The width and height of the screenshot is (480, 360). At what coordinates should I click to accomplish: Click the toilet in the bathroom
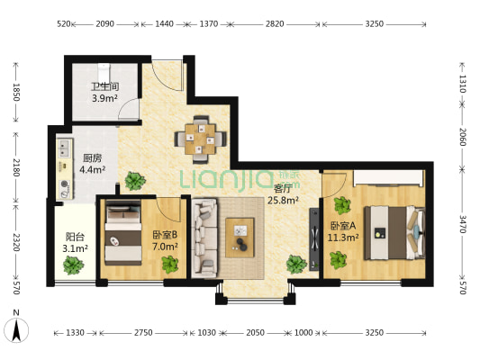pos(104,71)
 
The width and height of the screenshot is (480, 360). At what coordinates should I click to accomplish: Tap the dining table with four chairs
pos(201,139)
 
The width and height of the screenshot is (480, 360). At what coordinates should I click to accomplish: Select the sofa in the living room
pos(204,238)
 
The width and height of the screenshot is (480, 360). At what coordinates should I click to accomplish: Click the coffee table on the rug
pos(240,238)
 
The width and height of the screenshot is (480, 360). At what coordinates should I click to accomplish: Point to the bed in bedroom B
pos(123,233)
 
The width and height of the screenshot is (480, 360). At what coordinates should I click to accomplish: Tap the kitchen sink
pos(65,148)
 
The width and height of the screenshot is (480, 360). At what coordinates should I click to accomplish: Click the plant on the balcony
pos(74,265)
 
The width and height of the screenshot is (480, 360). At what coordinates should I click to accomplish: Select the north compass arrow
pos(16,330)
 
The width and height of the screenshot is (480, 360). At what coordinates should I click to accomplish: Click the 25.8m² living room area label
pos(283,201)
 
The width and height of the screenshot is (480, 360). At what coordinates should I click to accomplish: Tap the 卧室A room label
pos(343,226)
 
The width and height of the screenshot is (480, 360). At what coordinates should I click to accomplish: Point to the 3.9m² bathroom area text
pos(105,98)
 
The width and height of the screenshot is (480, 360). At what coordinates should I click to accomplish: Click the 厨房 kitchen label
pos(93,158)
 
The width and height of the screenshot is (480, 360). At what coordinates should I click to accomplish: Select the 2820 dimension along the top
pos(275,24)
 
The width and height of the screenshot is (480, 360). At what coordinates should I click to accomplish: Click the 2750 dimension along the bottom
pos(143,332)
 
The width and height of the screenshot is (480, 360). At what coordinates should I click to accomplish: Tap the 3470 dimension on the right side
pos(463,224)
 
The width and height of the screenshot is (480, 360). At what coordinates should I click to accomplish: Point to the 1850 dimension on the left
pos(16,92)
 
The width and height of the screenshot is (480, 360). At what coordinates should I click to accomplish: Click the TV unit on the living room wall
pos(313,239)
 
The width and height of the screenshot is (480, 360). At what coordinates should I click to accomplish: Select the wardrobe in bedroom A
pos(389,177)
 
